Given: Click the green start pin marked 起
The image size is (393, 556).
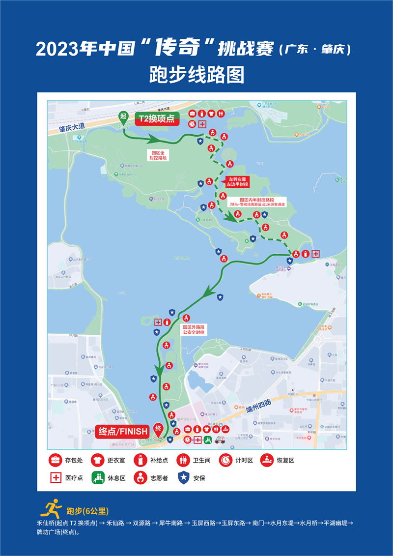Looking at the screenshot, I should tap(123, 117).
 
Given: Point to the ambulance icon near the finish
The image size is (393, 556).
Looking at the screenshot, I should tap(220, 439).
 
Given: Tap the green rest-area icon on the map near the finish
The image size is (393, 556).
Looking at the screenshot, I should tap(207, 439).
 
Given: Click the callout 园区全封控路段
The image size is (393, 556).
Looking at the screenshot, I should tap(159, 155).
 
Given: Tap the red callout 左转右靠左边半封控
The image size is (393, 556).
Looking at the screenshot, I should tap(237, 181).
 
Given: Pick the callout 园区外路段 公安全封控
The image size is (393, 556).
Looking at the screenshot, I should tap(194, 329).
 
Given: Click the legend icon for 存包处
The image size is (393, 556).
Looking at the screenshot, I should tap(55, 461).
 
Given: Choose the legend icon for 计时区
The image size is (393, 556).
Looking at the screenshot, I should tap(226, 461).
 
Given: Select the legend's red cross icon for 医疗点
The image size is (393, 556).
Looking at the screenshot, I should tap(55, 477).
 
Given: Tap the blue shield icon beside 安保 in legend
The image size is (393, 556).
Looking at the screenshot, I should tap(183, 477).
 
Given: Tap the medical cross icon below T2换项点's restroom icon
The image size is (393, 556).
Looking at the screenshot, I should tap(202, 123).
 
